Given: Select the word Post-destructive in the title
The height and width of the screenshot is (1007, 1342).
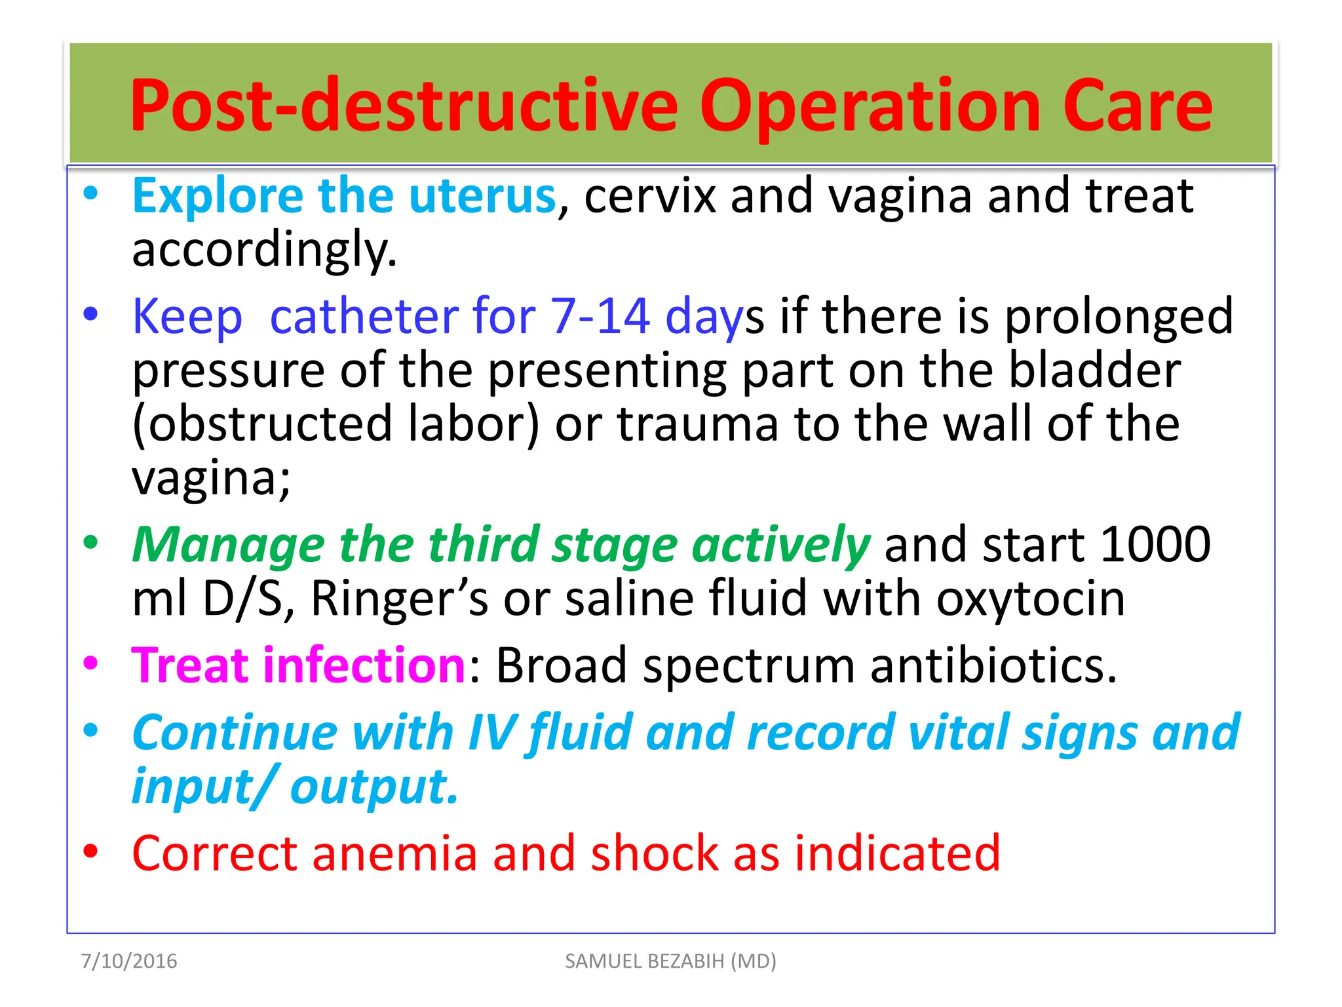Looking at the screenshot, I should (x=404, y=106).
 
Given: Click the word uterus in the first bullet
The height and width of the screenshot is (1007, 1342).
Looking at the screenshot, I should (x=482, y=196).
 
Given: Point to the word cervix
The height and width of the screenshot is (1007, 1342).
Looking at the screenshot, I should (x=649, y=196).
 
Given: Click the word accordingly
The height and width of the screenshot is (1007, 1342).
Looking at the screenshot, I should (x=264, y=251).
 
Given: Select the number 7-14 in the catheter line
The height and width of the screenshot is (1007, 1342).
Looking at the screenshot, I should (x=600, y=317).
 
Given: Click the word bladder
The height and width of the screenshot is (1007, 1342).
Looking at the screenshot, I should (x=1094, y=370).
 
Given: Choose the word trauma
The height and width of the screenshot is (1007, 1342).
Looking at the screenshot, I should (x=698, y=424).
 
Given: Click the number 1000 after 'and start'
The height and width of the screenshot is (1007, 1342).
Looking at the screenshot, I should (x=1155, y=545).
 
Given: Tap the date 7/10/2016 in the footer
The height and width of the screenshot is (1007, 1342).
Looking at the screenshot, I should (x=128, y=961).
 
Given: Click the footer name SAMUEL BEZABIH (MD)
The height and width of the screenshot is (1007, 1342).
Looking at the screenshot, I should (x=670, y=961).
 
